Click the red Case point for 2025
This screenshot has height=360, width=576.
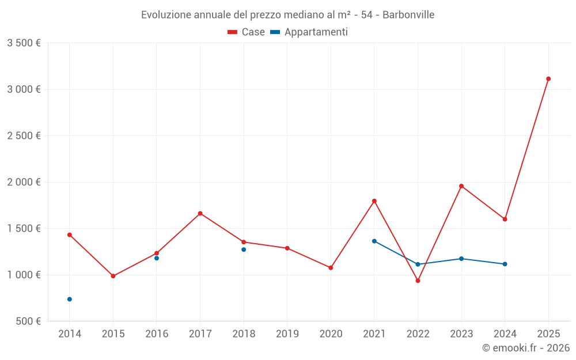(x=548, y=79)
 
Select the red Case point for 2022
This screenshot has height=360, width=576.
(x=418, y=281)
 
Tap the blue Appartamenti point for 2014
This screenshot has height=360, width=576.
(x=70, y=299)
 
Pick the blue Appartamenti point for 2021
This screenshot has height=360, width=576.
(x=374, y=241)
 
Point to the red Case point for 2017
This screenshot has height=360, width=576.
(x=200, y=213)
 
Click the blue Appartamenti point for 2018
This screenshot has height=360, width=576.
(x=244, y=249)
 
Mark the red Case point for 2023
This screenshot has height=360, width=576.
(x=461, y=186)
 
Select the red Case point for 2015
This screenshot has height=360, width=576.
(x=113, y=276)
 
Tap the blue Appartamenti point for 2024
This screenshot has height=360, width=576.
(x=505, y=264)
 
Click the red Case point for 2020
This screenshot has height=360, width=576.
(x=331, y=268)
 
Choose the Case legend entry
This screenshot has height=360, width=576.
(x=247, y=32)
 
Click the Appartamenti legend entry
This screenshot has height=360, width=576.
(x=309, y=32)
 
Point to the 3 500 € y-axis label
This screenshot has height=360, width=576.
(x=24, y=43)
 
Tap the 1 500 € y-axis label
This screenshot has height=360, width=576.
(x=24, y=229)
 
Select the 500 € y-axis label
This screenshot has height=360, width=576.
(x=28, y=321)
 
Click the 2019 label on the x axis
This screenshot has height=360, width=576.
(x=287, y=334)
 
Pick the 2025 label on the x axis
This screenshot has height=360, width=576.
(x=548, y=334)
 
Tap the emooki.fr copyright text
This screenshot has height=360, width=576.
(x=526, y=348)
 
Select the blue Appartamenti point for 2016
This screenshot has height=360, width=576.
(x=157, y=258)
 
